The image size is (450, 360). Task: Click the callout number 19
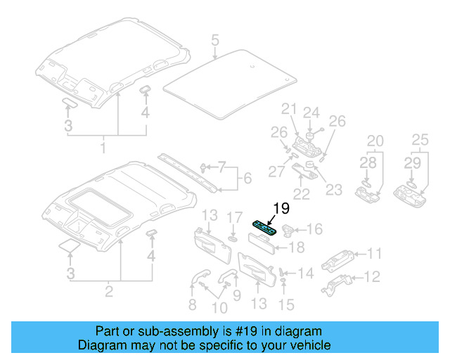coord(281,208)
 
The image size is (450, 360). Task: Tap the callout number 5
coord(215,41)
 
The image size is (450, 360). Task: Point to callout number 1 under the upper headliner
coord(103,148)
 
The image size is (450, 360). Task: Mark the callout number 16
coord(314,229)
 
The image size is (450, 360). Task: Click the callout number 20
coord(375,141)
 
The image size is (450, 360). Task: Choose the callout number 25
coord(420,141)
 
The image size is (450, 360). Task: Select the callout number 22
coord(302,193)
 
